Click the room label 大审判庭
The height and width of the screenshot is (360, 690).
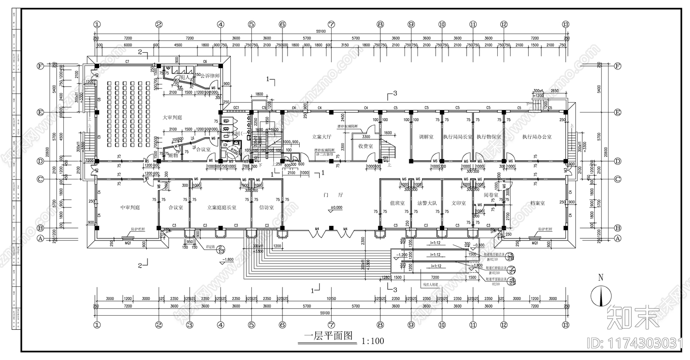[172, 118]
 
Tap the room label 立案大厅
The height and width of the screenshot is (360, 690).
[322, 137]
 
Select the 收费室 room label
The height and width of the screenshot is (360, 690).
[365, 146]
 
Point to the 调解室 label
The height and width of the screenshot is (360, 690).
[426, 137]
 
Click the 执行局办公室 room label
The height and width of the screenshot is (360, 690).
[536, 137]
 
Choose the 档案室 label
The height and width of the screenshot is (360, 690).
[536, 203]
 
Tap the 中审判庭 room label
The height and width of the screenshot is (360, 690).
[130, 207]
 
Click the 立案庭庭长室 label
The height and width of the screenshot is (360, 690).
[222, 207]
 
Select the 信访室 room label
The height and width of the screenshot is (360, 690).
[267, 207]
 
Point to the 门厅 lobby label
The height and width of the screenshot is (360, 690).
[333, 195]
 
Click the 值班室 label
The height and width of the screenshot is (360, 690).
[397, 203]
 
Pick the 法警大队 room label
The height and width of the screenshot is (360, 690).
[427, 203]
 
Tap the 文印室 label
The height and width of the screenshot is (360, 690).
[458, 203]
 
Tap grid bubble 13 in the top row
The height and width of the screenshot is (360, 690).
[566, 25]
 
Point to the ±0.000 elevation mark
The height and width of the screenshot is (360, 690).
[336, 207]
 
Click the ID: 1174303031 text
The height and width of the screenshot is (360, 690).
[636, 343]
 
